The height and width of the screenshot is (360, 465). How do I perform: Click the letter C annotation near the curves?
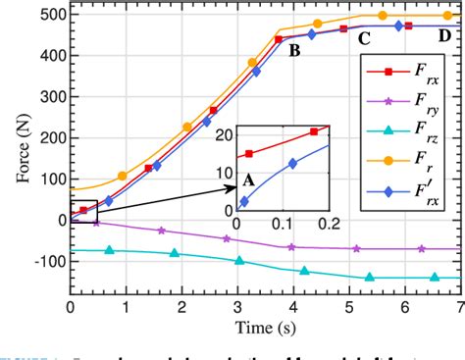[x=363, y=40]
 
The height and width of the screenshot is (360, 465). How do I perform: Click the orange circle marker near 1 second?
[x=123, y=177]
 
